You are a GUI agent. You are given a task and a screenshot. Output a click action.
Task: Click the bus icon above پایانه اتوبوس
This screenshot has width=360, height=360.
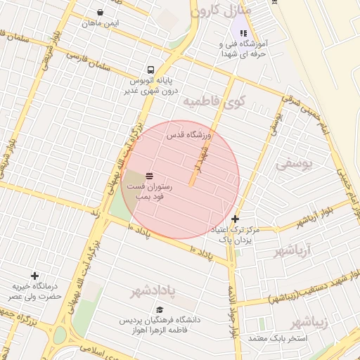[x=150, y=70]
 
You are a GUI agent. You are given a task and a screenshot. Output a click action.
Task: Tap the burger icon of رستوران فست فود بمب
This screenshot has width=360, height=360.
[x=150, y=174]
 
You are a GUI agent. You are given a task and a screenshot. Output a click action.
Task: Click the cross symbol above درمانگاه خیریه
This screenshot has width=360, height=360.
[x=34, y=276]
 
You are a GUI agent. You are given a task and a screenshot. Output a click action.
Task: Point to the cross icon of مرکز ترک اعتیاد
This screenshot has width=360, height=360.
[x=235, y=219]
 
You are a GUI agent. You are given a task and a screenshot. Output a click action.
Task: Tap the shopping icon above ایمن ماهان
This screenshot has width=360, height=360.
[x=101, y=13]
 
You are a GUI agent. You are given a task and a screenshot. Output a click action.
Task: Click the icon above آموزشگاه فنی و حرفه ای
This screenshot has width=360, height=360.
[x=243, y=32]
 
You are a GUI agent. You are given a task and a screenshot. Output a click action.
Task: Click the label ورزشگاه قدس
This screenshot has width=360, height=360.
[x=188, y=134]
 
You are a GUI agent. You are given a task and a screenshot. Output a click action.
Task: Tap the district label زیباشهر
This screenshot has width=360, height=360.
[x=309, y=323]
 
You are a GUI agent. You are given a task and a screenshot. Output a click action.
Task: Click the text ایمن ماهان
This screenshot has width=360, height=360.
[x=101, y=23]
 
